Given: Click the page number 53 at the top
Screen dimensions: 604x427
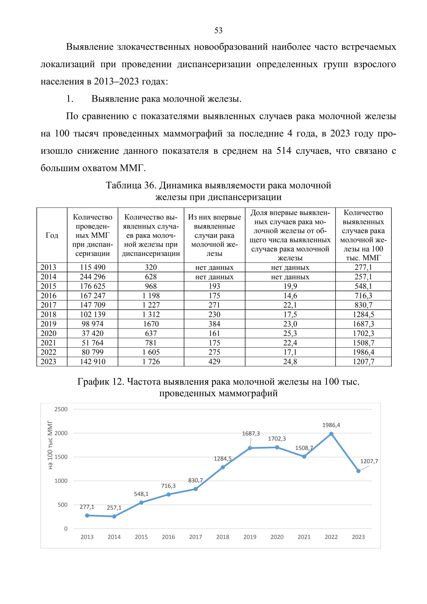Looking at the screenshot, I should pyautogui.click(x=218, y=31).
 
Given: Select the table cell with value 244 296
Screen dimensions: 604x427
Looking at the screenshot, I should pyautogui.click(x=93, y=277).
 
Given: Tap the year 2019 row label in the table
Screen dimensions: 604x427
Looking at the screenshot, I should pyautogui.click(x=48, y=324).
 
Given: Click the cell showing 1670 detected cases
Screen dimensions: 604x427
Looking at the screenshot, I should pyautogui.click(x=151, y=324).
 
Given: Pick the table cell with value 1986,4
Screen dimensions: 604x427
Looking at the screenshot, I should pyautogui.click(x=363, y=352).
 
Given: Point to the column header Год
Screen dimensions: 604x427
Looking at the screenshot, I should pyautogui.click(x=52, y=235).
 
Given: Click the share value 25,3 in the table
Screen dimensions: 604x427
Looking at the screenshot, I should pyautogui.click(x=290, y=333).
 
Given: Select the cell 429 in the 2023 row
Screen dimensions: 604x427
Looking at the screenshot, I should pyautogui.click(x=214, y=362).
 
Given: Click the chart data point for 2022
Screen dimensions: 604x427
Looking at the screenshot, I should pyautogui.click(x=331, y=434).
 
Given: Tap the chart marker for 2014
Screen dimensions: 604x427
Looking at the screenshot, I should pyautogui.click(x=114, y=516).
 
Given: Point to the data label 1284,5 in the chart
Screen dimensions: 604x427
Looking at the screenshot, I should pyautogui.click(x=222, y=459).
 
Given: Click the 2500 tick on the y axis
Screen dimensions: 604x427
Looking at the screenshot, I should pyautogui.click(x=61, y=409).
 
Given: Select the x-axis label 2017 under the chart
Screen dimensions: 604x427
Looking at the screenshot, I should pyautogui.click(x=195, y=537).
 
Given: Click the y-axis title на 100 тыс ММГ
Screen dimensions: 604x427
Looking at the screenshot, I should pyautogui.click(x=50, y=445).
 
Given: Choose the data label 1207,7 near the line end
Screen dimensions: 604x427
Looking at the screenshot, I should pyautogui.click(x=369, y=461).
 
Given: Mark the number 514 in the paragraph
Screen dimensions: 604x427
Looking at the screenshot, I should pyautogui.click(x=284, y=151).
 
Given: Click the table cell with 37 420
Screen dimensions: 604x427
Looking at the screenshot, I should pyautogui.click(x=93, y=333).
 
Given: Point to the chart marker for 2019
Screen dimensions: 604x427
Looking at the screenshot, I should pyautogui.click(x=250, y=448).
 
